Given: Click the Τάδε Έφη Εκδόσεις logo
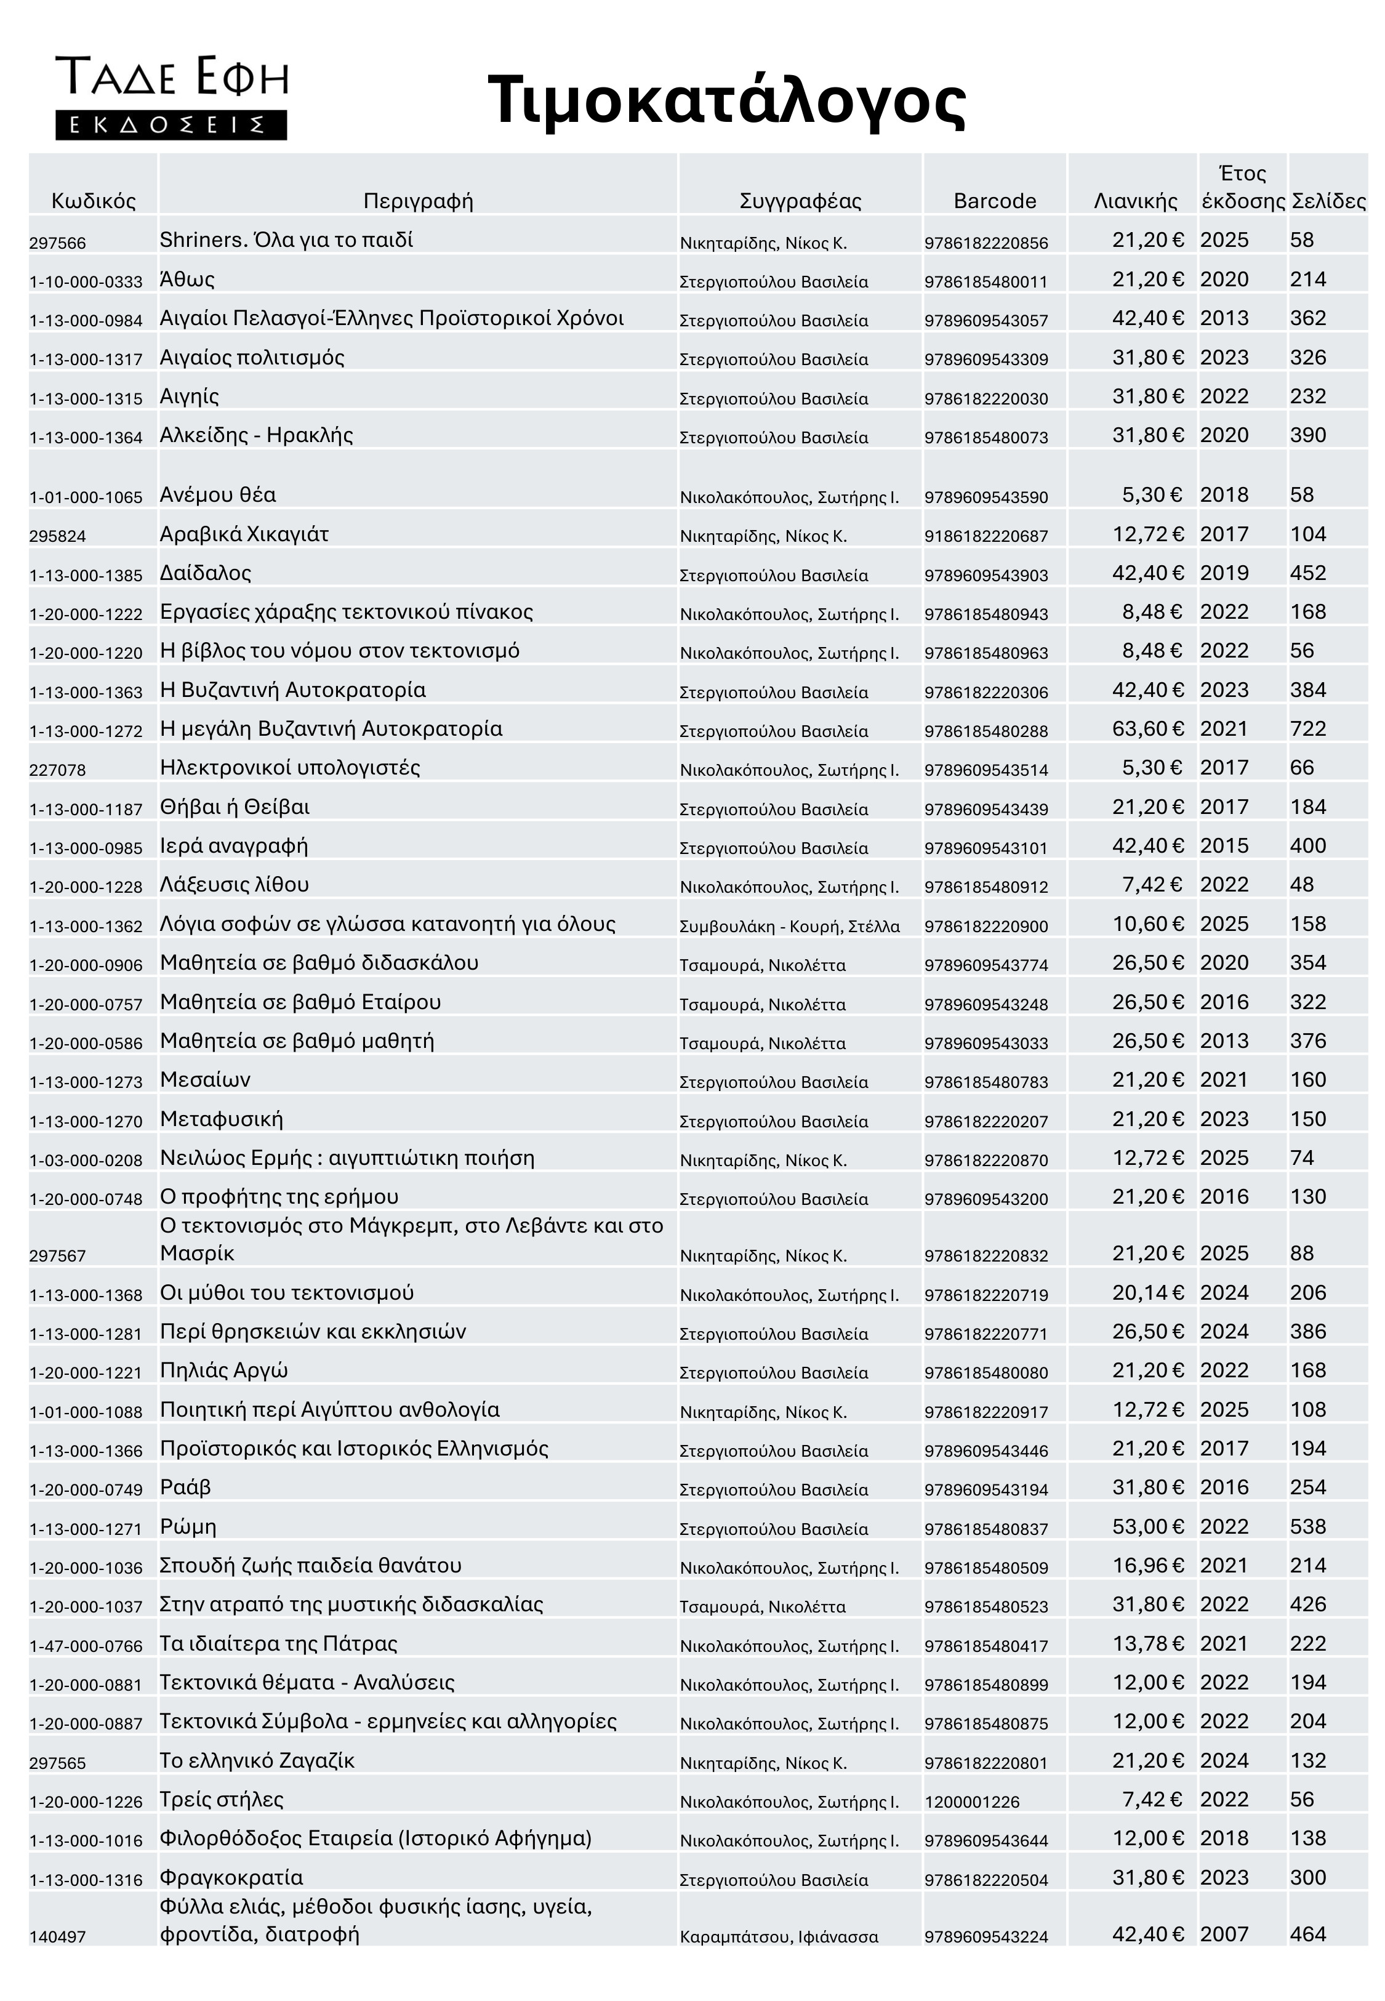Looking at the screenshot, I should pos(172,97).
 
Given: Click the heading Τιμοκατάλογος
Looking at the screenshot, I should pos(726,100).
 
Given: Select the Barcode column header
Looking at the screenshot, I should pos(995,201).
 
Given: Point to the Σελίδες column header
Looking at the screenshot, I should pos(1328,201).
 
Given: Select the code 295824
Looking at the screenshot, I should pos(58,536).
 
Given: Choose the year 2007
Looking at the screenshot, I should pos(1224,1934).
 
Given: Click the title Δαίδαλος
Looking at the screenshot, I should pos(206,573).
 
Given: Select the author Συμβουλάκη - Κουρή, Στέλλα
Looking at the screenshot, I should pos(790,927).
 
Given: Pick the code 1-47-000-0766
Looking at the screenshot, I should pos(86,1646).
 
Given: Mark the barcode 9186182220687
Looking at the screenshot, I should pos(986,536).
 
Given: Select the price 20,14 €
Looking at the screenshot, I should pos(1148,1293).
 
